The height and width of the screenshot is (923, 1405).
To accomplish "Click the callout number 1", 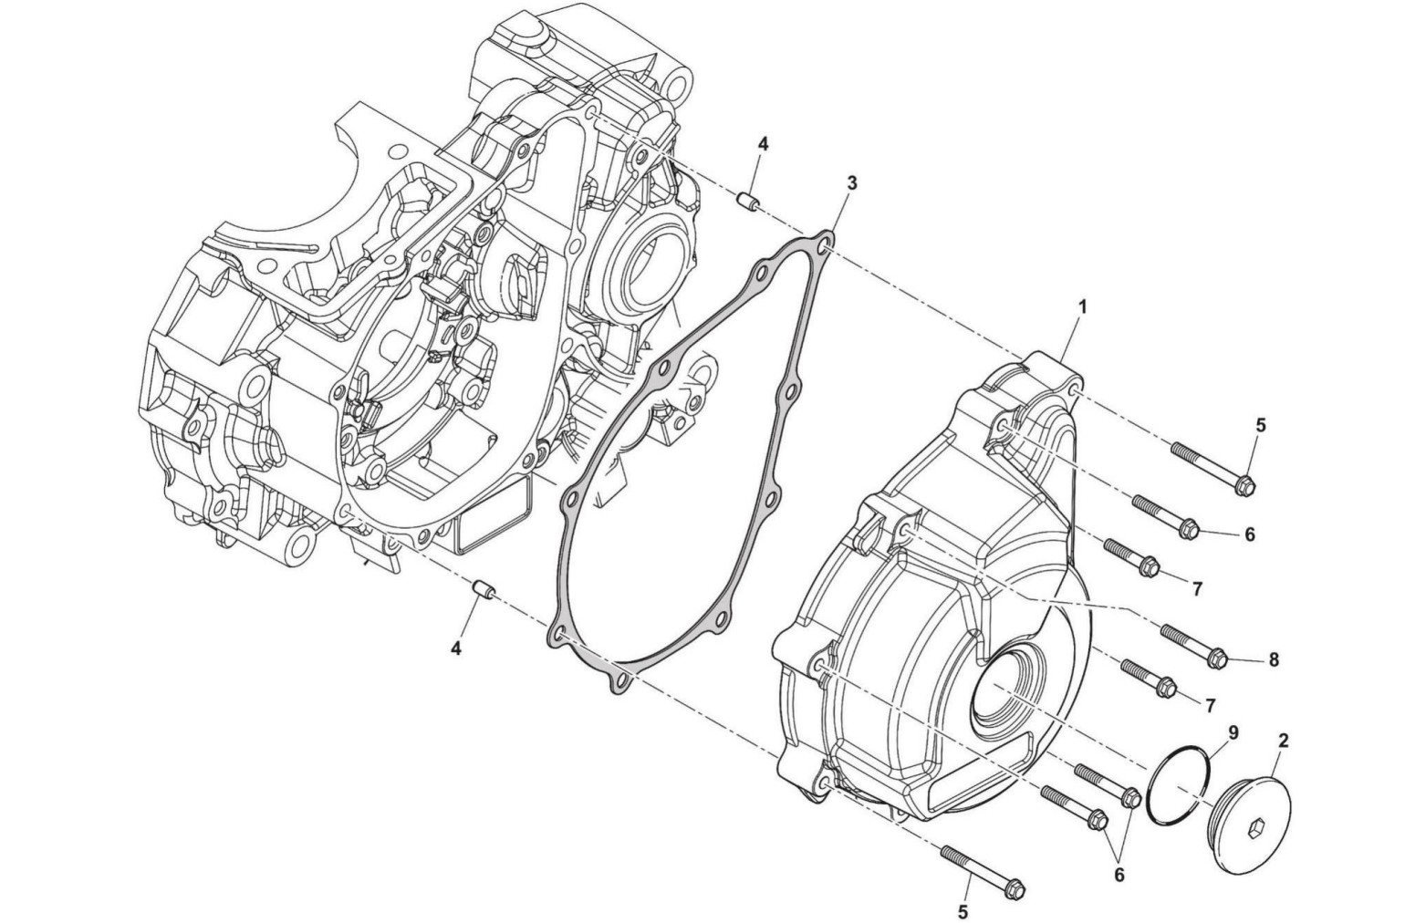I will (1082, 308).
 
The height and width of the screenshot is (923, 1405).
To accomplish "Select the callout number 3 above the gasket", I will (851, 183).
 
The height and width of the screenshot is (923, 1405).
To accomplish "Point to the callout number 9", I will (1233, 731).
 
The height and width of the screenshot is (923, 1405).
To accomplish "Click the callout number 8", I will (1274, 659).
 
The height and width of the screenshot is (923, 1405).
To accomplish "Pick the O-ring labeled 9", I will (1181, 785).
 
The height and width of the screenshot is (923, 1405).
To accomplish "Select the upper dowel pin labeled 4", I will (748, 200).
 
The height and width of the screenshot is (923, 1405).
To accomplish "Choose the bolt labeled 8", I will (1192, 643).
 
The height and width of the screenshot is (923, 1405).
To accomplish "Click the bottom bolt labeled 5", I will (982, 868).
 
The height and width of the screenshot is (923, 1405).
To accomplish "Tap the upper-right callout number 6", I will (1249, 534).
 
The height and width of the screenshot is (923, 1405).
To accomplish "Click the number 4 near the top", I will (763, 144).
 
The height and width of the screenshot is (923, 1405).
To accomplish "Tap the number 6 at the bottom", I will (1119, 875).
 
